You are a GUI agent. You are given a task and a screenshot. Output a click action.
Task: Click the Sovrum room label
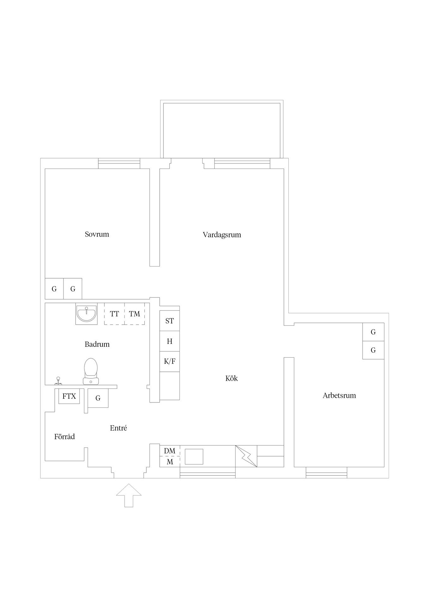point(97,234)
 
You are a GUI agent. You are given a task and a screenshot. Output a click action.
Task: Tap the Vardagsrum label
point(222,235)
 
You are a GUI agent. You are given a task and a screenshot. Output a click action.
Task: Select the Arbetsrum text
point(339,395)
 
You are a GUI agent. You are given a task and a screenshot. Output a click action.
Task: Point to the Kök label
point(231,378)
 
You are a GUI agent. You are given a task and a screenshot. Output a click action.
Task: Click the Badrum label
point(97,344)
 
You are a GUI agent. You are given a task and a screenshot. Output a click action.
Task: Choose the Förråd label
point(64,437)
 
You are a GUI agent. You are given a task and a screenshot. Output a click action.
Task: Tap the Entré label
point(119,428)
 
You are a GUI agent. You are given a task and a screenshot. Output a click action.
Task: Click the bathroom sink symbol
point(86,314)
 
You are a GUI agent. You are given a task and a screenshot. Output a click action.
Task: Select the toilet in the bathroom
point(91,371)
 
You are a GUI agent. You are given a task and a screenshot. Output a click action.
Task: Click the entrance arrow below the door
point(129,495)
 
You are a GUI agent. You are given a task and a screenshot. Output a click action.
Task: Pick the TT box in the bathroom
point(114,314)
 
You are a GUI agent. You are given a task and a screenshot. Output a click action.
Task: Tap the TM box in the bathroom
point(135,314)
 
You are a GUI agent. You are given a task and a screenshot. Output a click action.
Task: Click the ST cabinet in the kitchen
point(169,321)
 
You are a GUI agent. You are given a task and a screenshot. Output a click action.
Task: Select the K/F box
point(169,361)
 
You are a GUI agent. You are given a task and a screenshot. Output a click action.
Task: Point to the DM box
point(170,451)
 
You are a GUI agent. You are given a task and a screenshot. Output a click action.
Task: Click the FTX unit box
point(69,396)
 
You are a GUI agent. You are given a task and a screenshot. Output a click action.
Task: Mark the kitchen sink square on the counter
point(194,457)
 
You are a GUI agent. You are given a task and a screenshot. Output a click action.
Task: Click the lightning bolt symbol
point(246,456)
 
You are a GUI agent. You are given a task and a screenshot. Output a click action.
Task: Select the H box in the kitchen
point(169,341)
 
